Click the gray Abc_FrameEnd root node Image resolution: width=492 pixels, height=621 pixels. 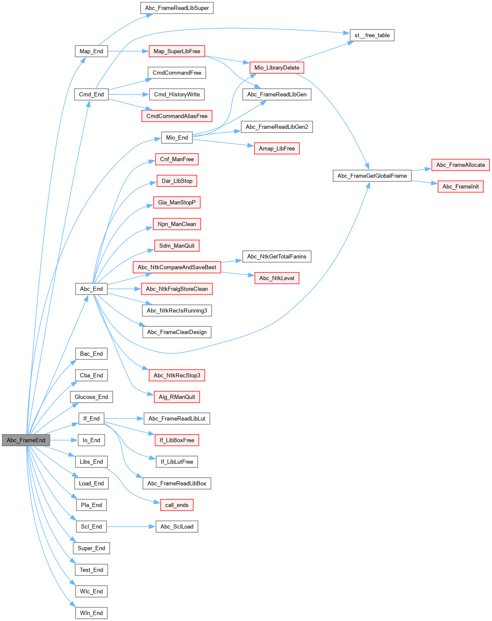point(26,440)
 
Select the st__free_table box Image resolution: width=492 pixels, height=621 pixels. point(372,35)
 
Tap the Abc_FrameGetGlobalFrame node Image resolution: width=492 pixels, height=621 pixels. point(372,176)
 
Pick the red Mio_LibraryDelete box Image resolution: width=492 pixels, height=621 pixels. point(277,67)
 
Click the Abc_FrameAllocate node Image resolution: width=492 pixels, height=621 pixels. point(460,165)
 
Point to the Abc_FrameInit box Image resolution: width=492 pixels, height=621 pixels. point(460,186)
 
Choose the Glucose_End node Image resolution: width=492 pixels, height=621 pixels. point(91,397)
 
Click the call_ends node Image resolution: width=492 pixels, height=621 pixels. point(177,505)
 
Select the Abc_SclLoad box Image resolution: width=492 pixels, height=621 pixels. point(177,527)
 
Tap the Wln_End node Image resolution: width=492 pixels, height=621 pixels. point(91,613)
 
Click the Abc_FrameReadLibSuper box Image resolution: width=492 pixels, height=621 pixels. point(177,8)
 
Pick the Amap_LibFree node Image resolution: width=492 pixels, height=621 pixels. point(277,148)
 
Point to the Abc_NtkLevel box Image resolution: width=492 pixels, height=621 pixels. point(277,278)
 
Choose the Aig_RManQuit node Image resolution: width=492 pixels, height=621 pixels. point(177,397)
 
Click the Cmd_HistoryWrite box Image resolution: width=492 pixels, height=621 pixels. point(177,94)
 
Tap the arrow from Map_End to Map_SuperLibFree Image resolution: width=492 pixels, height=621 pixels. point(128,51)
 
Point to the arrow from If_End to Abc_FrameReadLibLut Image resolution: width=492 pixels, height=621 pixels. point(124,418)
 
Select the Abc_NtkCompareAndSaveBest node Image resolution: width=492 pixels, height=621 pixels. point(177,267)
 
